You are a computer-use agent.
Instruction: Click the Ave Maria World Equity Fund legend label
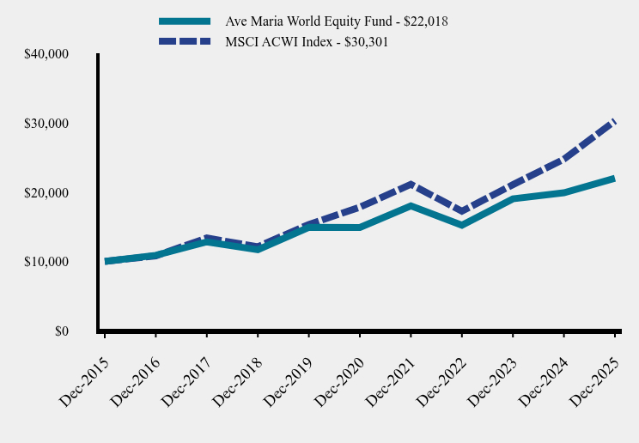337,21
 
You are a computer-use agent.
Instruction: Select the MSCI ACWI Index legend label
307,41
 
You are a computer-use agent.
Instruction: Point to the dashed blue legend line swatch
185,41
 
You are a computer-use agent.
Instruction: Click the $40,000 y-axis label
48,55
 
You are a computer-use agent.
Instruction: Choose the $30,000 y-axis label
48,124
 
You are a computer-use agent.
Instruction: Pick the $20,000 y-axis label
48,193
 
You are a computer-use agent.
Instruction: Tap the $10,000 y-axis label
48,262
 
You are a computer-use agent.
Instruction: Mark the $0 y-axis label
62,331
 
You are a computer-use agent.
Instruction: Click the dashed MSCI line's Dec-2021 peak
411,184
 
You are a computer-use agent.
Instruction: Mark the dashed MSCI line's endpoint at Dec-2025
614,122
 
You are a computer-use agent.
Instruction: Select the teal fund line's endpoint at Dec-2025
614,179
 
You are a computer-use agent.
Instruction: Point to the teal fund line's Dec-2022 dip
462,225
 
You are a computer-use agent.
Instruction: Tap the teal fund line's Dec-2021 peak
411,206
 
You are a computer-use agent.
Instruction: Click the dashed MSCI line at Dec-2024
563,159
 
